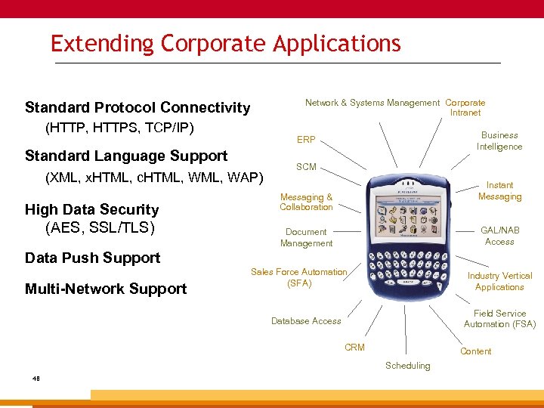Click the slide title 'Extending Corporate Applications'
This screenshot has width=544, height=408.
(x=225, y=44)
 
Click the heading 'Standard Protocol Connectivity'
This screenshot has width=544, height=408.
(x=138, y=107)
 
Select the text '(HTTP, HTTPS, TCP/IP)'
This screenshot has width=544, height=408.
(x=120, y=127)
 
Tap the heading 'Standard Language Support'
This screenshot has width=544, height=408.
(x=126, y=156)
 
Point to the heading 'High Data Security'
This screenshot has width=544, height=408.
(x=92, y=209)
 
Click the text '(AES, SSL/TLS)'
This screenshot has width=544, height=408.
(x=100, y=227)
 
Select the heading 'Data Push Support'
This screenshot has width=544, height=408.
(x=93, y=258)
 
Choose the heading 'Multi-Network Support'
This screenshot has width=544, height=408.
(x=106, y=289)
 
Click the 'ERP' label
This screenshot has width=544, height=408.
(x=306, y=140)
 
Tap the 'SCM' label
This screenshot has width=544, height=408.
(x=306, y=167)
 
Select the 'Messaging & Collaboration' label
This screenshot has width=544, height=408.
(x=306, y=202)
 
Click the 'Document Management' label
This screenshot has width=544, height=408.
(x=306, y=237)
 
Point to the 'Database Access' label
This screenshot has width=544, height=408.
(x=306, y=321)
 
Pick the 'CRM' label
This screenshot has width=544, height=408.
(x=354, y=348)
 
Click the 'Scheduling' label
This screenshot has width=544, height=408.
(x=408, y=366)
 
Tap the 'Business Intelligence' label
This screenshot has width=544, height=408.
(x=499, y=141)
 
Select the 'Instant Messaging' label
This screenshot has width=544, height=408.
(x=499, y=190)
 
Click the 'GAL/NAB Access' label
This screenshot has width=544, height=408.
(x=499, y=236)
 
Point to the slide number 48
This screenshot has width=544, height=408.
(x=36, y=379)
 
